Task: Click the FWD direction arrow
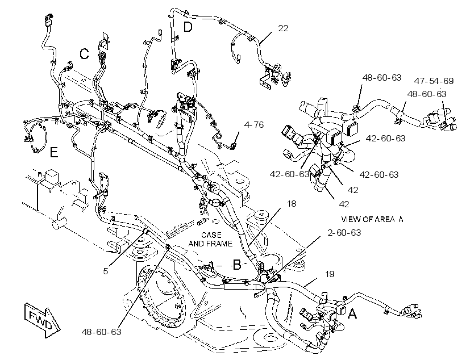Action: pos(42,320)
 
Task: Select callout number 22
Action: pos(283,28)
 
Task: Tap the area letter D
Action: pos(188,27)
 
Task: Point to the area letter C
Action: pos(84,54)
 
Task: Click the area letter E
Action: pos(54,152)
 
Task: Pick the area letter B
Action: pos(237,265)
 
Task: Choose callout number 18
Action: pos(292,204)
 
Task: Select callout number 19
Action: pos(330,274)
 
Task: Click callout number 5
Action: pos(106,271)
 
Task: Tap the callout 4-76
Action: pos(254,125)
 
